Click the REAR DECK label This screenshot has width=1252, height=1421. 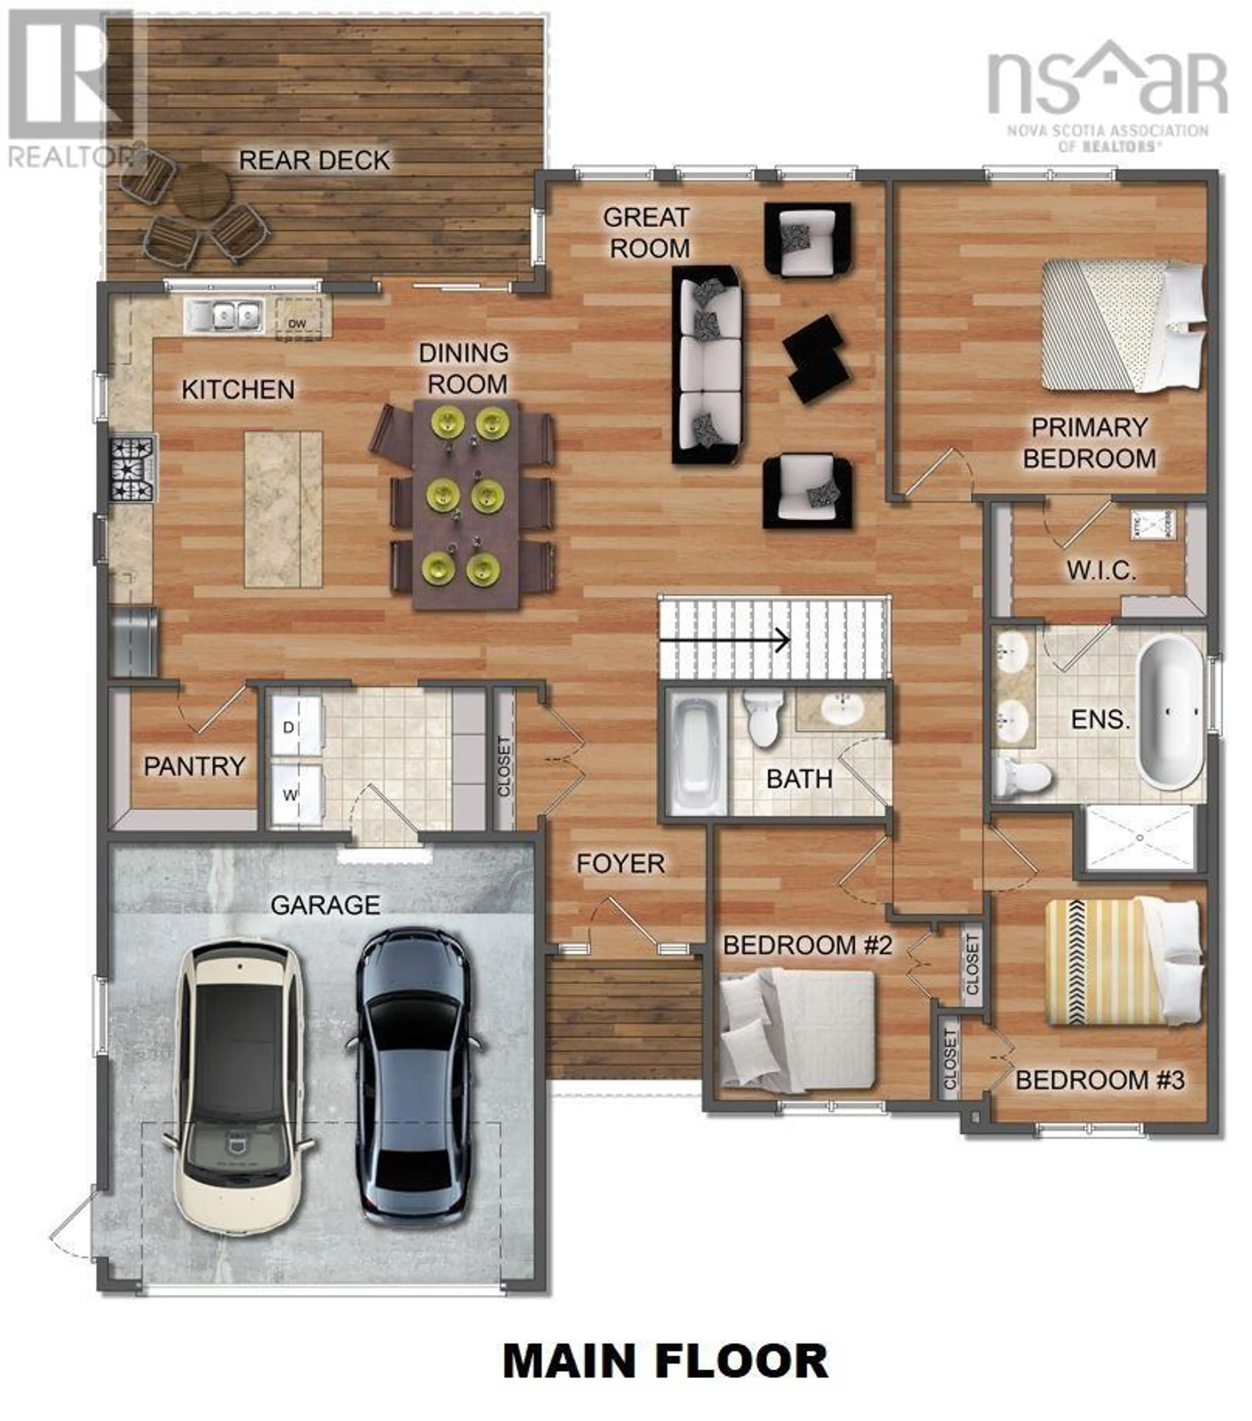pyautogui.click(x=314, y=161)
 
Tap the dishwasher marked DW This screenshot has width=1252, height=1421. pyautogui.click(x=298, y=319)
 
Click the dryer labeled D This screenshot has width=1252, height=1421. pyautogui.click(x=295, y=727)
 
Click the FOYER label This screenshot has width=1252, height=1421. pyautogui.click(x=620, y=864)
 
